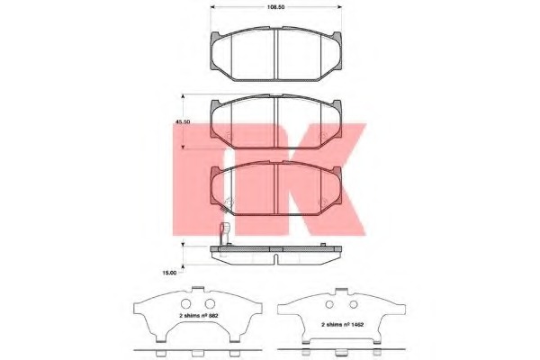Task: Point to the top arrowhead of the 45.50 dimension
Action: click(184, 96)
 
